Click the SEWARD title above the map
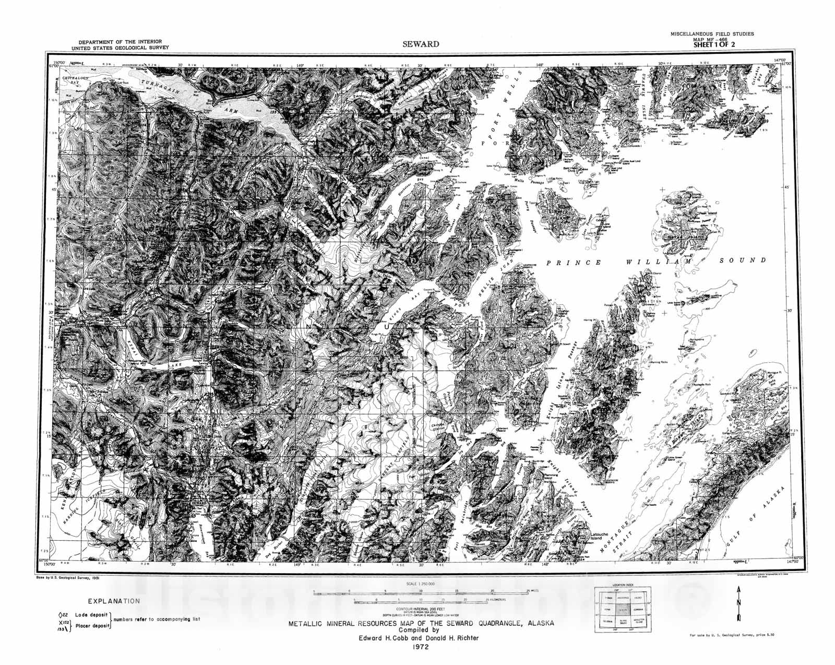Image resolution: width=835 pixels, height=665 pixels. (x=420, y=44)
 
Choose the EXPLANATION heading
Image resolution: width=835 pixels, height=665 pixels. (x=114, y=601)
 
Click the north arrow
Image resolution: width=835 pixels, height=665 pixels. (x=738, y=603)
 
